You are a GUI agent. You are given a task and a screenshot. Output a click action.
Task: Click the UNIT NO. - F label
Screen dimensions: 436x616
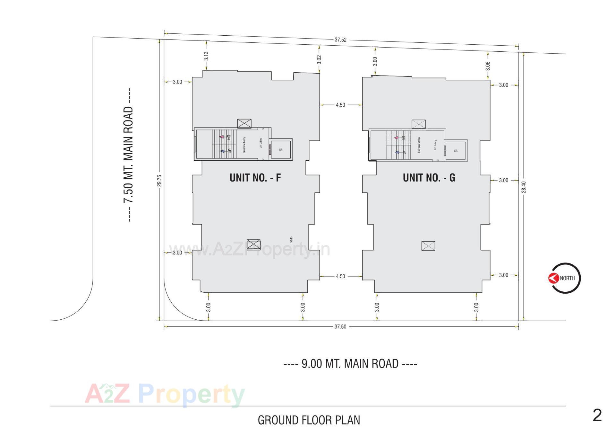pyautogui.click(x=255, y=178)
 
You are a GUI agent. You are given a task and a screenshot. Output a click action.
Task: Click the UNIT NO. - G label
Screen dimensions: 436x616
pyautogui.click(x=429, y=178)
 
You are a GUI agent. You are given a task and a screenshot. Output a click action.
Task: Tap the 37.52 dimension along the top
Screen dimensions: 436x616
pyautogui.click(x=340, y=40)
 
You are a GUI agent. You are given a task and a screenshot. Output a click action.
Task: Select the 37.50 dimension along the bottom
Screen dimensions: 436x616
pyautogui.click(x=340, y=326)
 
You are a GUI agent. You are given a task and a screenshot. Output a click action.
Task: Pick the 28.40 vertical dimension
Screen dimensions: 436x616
pyautogui.click(x=524, y=187)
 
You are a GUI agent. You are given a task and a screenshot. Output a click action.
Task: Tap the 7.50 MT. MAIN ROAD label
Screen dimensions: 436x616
pyautogui.click(x=128, y=155)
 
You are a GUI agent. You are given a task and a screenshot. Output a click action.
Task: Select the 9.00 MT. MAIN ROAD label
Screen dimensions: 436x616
pyautogui.click(x=350, y=364)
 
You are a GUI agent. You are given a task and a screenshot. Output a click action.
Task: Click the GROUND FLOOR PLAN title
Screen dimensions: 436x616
pyautogui.click(x=309, y=420)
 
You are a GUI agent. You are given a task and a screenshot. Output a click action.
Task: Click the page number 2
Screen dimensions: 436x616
pyautogui.click(x=597, y=416)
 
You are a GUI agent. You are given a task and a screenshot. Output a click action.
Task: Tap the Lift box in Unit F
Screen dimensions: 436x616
pyautogui.click(x=281, y=149)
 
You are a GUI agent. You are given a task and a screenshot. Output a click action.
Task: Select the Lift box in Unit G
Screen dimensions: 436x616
pyautogui.click(x=456, y=150)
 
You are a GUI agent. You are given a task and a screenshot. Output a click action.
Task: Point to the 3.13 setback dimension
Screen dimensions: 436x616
pyautogui.click(x=206, y=56)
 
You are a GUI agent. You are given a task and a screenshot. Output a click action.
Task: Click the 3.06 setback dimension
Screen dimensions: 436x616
pyautogui.click(x=488, y=66)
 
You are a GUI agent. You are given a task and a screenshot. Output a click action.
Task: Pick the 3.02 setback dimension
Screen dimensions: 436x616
pyautogui.click(x=319, y=59)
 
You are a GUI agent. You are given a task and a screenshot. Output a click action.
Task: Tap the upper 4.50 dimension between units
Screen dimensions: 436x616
pyautogui.click(x=340, y=105)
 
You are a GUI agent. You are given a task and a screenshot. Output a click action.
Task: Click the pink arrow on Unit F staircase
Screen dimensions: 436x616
pyautogui.click(x=221, y=137)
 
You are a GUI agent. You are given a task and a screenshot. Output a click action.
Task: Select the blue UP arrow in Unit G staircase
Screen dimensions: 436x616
pyautogui.click(x=397, y=152)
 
